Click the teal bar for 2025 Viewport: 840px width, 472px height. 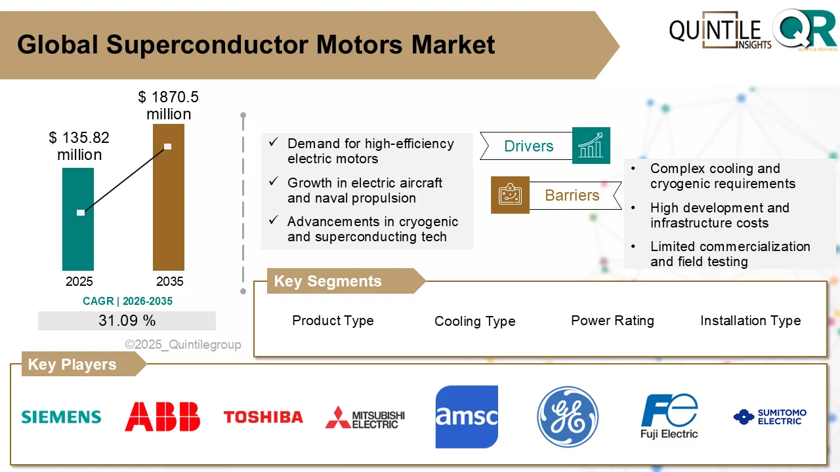(78, 220)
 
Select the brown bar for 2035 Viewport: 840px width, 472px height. (169, 197)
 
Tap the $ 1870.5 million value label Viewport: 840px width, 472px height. (169, 106)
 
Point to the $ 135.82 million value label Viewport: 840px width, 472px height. (79, 146)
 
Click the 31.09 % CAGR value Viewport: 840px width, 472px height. (127, 321)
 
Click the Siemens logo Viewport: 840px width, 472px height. (61, 417)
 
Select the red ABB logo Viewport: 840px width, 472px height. (162, 417)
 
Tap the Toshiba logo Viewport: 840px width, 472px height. (263, 417)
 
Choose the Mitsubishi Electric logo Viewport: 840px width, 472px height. (365, 417)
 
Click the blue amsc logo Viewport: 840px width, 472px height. (467, 417)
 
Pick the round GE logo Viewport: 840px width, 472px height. (568, 417)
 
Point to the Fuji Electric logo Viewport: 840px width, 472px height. (669, 417)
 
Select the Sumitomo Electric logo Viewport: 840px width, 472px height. (770, 417)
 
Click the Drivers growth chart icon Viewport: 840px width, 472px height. (591, 146)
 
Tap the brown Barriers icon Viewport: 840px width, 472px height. (510, 195)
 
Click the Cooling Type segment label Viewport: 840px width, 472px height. (474, 321)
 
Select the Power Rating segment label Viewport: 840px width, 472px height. (612, 321)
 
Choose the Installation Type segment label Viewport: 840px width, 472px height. (750, 321)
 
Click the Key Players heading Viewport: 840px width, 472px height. (72, 364)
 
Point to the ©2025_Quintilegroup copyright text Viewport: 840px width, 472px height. (183, 345)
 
